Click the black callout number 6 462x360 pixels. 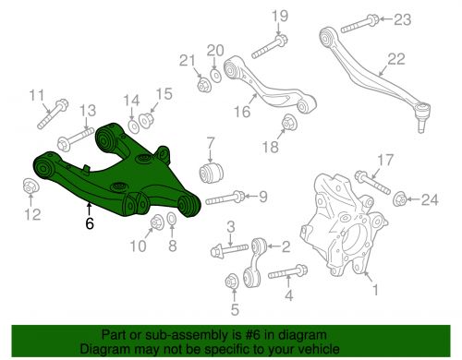(x=90, y=223)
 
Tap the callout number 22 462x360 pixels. (x=396, y=58)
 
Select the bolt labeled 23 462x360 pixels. (x=359, y=24)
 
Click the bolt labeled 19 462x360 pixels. (x=270, y=47)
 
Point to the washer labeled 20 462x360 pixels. (x=215, y=76)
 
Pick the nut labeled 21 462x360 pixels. (x=203, y=85)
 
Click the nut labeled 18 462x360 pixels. (x=289, y=125)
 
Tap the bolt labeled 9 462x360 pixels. (x=225, y=198)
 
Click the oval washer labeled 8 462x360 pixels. (x=172, y=219)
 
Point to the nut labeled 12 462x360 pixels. (x=30, y=186)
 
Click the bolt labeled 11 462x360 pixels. (x=53, y=114)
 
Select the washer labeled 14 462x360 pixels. (x=134, y=126)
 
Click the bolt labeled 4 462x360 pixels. (x=287, y=271)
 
